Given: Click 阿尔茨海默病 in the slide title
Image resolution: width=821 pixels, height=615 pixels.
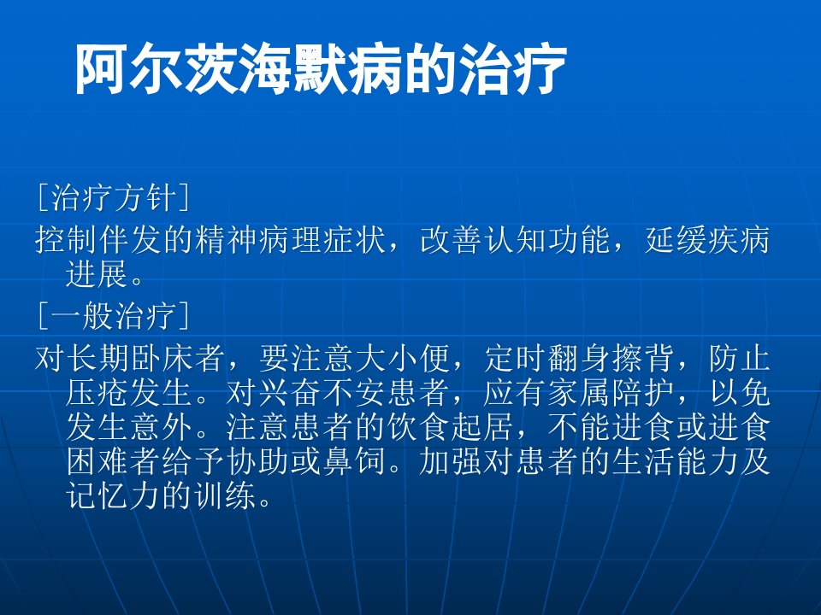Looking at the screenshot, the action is pos(239,69).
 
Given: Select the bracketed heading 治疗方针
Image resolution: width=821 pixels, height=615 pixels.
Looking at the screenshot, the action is pos(114,197).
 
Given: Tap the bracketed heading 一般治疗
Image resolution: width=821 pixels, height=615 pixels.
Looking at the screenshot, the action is pos(114,316).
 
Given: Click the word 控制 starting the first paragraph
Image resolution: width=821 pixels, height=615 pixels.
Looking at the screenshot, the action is pos(67,240).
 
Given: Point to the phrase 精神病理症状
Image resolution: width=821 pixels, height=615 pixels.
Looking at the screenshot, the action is pos(291,240).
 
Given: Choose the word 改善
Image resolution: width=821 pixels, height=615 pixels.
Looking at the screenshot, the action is pos(451,240).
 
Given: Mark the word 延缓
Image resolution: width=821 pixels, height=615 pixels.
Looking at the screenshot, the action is pos(675,240).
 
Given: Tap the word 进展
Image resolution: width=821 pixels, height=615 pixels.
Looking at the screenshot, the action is pos(97,273).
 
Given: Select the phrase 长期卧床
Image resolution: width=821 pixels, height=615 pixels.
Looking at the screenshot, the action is pos(131,359).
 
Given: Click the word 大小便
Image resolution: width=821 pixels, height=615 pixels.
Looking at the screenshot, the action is pos(402,359).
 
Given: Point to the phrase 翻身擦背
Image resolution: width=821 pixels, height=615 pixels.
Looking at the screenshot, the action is pos(611,359).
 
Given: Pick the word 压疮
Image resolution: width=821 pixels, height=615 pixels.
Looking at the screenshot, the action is pos(97,393).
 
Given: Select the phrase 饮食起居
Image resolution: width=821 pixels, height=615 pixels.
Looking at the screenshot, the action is pos(451,427).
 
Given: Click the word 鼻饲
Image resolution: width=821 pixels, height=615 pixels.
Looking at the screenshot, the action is pos(355,461).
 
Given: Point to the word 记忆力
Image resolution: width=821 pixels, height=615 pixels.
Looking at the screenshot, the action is pos(114,495).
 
